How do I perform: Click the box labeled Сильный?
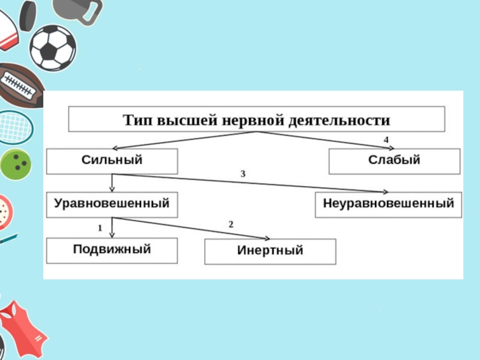click(112, 161)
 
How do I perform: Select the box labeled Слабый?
click(394, 161)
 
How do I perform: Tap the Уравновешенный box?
click(112, 204)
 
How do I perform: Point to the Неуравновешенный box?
click(389, 204)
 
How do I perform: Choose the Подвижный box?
click(112, 250)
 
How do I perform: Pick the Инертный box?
click(270, 251)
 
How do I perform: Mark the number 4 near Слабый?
click(386, 140)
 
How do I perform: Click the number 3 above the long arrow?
click(243, 173)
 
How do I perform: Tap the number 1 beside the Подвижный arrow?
click(101, 228)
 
